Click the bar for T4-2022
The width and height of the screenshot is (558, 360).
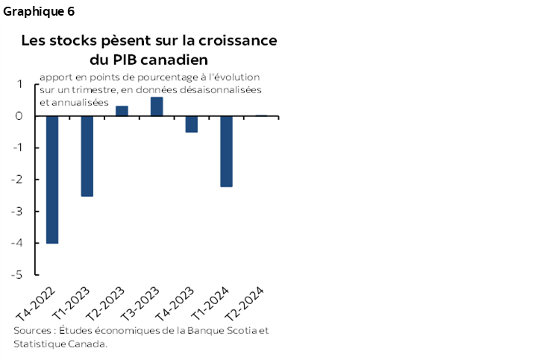click(52, 180)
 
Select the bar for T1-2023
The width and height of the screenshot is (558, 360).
click(87, 156)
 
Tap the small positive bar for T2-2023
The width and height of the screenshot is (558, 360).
click(122, 111)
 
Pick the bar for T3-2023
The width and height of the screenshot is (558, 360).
click(157, 107)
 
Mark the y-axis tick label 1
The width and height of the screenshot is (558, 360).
click(20, 84)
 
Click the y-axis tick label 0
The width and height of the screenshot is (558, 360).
click(19, 116)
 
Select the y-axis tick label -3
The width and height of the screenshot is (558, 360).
click(18, 211)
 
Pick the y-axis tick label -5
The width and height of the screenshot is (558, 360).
click(18, 274)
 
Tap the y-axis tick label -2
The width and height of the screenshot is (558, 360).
click(18, 180)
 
